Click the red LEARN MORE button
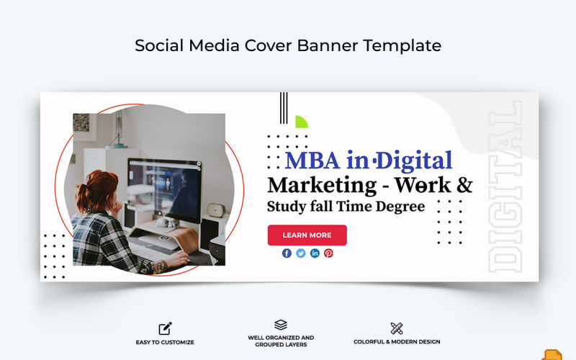(307, 235)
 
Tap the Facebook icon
(287, 253)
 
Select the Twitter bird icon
(301, 253)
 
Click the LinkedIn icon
(315, 253)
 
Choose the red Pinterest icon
(328, 253)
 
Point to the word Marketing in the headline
(322, 185)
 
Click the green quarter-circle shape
(301, 122)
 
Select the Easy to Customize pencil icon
(165, 328)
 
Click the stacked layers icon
(281, 325)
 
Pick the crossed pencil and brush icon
(397, 328)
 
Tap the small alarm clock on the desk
(215, 210)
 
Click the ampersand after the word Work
(464, 185)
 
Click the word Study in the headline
(286, 207)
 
